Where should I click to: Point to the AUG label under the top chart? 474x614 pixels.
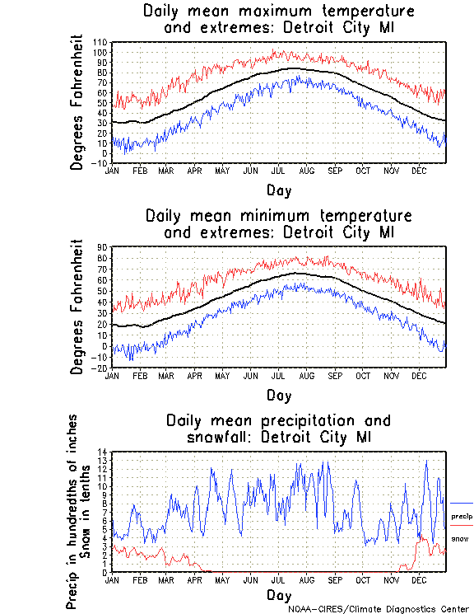[306, 171]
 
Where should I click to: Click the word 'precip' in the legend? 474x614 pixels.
[462, 516]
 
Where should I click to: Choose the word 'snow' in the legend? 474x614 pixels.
[459, 539]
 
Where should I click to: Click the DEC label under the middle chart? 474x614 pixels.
[418, 375]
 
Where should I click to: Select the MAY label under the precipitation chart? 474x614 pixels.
[222, 579]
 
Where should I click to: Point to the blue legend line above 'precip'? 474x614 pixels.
[462, 503]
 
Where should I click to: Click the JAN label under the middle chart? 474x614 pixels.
[113, 375]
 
